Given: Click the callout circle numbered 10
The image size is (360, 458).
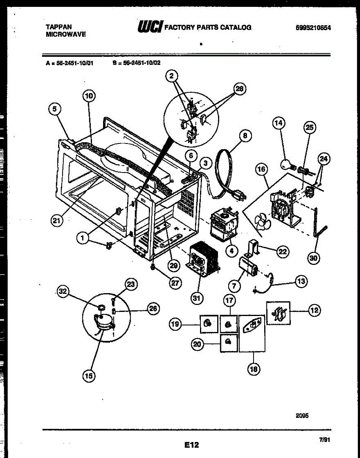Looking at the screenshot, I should point(89,96).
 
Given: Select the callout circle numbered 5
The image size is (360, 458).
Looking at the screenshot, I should point(55,109).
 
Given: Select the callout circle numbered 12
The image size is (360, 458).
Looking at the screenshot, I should point(314,311).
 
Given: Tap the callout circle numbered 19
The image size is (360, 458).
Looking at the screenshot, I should point(175,325).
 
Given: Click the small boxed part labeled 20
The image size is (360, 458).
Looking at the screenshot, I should point(228,342).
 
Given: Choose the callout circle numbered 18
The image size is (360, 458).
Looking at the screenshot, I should point(253,369).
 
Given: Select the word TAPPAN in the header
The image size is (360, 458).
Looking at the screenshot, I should point(58,27).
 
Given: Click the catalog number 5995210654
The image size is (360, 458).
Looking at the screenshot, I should point(313,27).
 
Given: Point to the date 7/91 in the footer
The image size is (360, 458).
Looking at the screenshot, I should point(324,440).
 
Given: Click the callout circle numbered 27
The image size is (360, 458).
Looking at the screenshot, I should point(176,283).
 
